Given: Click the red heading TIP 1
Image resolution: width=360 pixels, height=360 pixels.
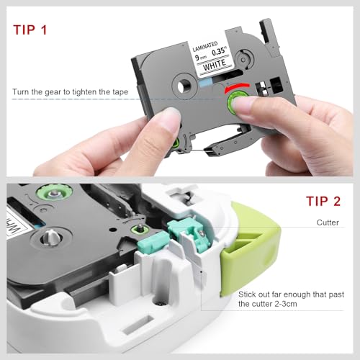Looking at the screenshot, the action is coord(30,30).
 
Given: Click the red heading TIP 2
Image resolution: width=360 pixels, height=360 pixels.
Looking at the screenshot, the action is coord(323,201).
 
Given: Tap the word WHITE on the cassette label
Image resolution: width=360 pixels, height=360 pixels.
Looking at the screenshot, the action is coord(215,65).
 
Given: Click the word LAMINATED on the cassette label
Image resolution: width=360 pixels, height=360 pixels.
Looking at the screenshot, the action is coord(205,46).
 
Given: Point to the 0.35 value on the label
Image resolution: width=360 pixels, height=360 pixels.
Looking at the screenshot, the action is coord(219,51).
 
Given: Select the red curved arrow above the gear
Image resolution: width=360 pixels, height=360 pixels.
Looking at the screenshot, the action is coord(237,88).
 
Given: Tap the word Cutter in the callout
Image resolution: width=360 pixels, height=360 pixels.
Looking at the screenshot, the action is coord(328,222).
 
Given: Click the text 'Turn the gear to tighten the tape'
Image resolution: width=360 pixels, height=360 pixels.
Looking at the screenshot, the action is coord(71,92).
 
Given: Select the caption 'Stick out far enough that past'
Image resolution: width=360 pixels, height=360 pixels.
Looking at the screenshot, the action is coord(291,294).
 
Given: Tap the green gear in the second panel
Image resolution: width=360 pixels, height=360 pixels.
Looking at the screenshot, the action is coord(54,192).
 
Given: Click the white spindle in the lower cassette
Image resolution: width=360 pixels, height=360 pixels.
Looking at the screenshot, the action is coord(51,238).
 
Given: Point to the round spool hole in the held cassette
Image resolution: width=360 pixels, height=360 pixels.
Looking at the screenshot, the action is coord(184,85).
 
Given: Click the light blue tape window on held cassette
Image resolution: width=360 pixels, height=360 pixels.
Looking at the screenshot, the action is coord(206,82).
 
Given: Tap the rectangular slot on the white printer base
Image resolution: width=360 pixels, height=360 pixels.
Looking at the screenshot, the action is coord(138,325).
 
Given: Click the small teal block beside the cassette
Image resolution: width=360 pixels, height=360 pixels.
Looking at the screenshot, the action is coord(153,240).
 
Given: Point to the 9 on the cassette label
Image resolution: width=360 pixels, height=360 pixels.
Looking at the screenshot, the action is coord(197,58).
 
